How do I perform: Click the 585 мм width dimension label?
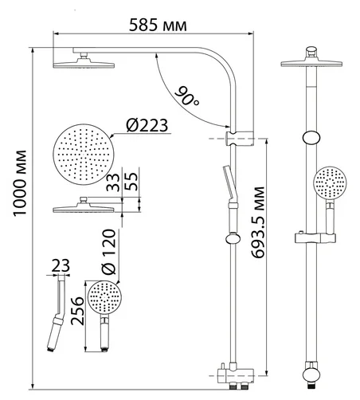158,25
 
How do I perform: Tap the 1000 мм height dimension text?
20,183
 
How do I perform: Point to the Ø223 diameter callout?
147,125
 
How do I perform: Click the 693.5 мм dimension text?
258,222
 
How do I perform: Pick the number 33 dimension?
113,182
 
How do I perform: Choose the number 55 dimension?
131,182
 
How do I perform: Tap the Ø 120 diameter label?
109,252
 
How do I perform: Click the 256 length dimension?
77,311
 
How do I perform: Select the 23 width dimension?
61,265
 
